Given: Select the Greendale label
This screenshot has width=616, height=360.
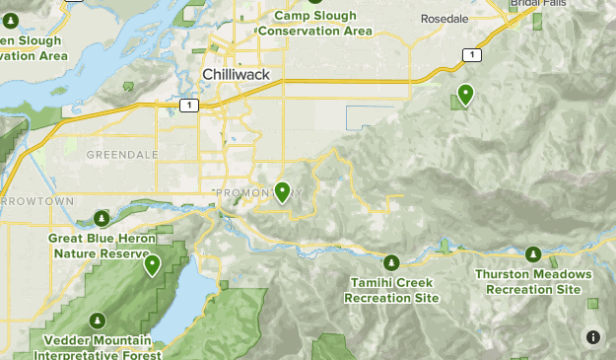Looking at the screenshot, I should (x=122, y=155).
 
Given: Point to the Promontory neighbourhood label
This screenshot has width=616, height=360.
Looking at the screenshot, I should (x=258, y=191).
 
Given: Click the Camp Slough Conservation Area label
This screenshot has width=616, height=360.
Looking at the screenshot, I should (x=314, y=23).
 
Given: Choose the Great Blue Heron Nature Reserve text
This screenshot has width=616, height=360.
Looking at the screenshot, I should (x=102, y=246).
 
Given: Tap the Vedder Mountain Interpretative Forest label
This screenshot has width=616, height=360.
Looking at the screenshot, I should (x=97, y=346).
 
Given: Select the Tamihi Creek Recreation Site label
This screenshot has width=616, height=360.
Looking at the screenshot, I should (x=391, y=290).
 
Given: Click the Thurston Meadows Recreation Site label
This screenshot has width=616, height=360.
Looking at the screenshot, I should (x=533, y=281).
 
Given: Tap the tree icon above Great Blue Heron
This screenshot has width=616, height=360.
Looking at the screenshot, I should (x=102, y=218).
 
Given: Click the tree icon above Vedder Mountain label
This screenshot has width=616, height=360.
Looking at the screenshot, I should (x=97, y=321).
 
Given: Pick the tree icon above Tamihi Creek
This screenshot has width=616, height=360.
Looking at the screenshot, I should (x=391, y=262).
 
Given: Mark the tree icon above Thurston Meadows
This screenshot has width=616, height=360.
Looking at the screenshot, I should (x=533, y=254).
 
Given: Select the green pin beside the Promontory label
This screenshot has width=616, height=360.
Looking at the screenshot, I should (x=283, y=191).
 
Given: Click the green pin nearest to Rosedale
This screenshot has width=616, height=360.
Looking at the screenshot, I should (x=464, y=95).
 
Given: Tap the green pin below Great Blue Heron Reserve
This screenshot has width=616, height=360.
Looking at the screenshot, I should (x=153, y=264).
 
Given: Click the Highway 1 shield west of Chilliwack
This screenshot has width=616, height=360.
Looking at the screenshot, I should (x=188, y=105).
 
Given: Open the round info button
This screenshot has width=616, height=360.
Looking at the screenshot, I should (x=592, y=336).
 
